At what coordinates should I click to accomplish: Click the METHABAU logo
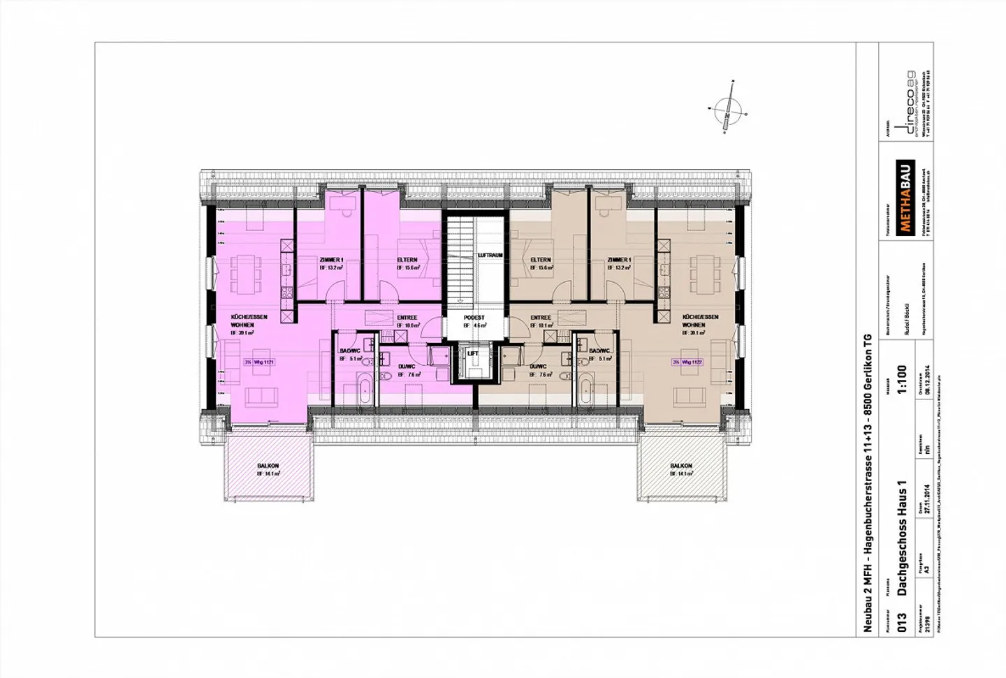coord(905,196)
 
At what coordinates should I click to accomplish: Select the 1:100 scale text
coord(901,380)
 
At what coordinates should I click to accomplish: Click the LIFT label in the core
coord(473,353)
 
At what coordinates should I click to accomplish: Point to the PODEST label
coord(474,318)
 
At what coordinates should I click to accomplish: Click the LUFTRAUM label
coord(490,256)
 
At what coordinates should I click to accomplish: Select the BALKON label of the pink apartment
coord(268,466)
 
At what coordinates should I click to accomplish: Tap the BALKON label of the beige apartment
coord(680,466)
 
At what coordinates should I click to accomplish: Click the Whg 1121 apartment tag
coord(259,362)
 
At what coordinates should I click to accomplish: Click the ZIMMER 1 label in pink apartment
coord(331,260)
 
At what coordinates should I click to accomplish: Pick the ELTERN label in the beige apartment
coord(541,260)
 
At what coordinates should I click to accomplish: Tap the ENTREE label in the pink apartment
coord(407,318)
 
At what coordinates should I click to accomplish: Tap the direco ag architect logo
coord(908,105)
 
